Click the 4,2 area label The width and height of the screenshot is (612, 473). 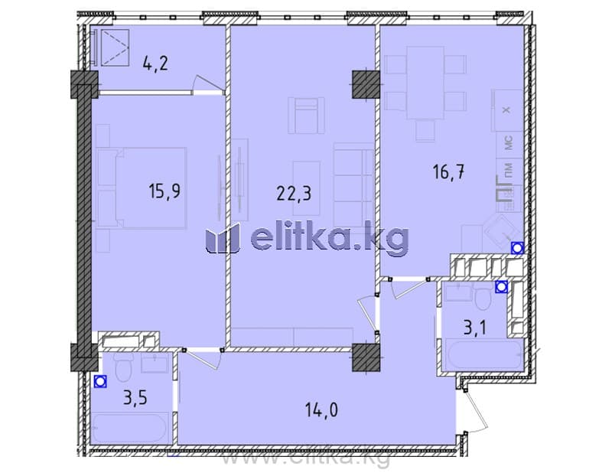pyautogui.click(x=155, y=63)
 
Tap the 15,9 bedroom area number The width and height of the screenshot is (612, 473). pyautogui.click(x=164, y=191)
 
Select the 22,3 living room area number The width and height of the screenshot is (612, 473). pyautogui.click(x=294, y=193)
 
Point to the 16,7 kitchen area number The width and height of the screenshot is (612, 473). pyautogui.click(x=449, y=171)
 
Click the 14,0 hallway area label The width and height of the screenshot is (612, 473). pyautogui.click(x=321, y=410)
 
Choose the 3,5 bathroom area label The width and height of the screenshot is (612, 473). pyautogui.click(x=135, y=398)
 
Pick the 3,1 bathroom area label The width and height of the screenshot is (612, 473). pyautogui.click(x=475, y=328)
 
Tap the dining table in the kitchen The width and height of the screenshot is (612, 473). pyautogui.click(x=425, y=83)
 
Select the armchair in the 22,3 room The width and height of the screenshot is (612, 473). pyautogui.click(x=307, y=116)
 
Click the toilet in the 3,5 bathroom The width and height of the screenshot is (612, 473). pyautogui.click(x=124, y=367)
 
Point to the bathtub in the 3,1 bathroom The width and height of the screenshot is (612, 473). pyautogui.click(x=484, y=355)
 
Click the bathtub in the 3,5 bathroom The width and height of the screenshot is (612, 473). pyautogui.click(x=130, y=428)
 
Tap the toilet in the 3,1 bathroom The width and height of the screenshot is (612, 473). pyautogui.click(x=484, y=297)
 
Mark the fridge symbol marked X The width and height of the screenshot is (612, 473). pyautogui.click(x=506, y=110)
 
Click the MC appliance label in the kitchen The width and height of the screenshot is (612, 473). pyautogui.click(x=509, y=143)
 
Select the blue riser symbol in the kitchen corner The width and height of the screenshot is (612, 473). pyautogui.click(x=518, y=248)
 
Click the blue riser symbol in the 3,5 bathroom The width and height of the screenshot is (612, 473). pyautogui.click(x=100, y=381)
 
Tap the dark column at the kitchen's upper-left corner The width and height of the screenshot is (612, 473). pyautogui.click(x=366, y=84)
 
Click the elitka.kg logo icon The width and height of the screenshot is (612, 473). pyautogui.click(x=222, y=238)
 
